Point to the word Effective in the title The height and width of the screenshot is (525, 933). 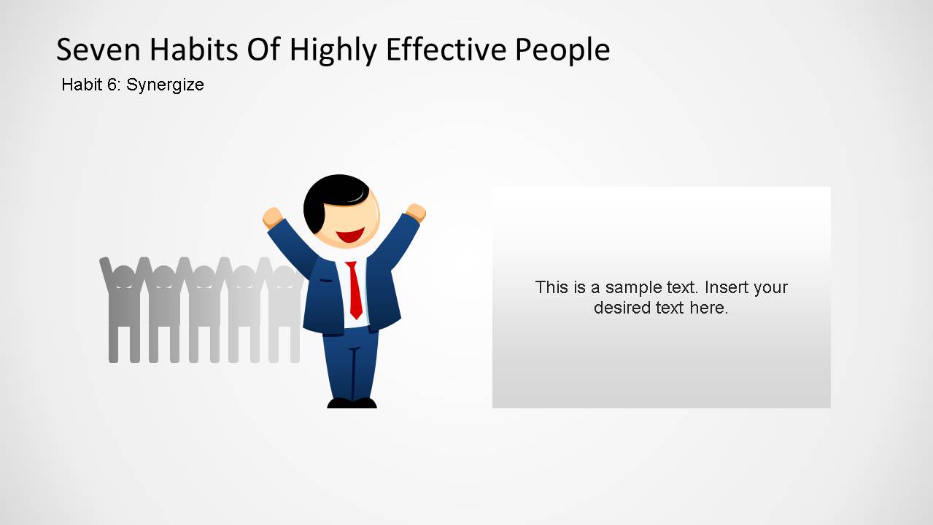(446, 50)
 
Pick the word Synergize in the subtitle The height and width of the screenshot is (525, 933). (165, 85)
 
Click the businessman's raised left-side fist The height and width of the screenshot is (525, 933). (272, 217)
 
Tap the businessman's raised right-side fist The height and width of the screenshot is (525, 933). (416, 212)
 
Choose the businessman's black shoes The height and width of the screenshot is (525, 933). (352, 402)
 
